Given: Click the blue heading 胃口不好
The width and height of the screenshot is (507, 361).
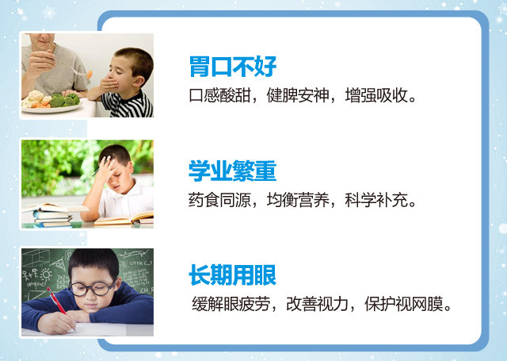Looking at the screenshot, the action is coord(233,67).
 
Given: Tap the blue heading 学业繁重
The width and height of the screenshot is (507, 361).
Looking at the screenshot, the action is coord(232,171).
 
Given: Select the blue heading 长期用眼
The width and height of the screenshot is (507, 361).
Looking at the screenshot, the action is coord(232,275).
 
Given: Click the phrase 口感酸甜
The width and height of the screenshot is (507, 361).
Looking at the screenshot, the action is coord(220,95).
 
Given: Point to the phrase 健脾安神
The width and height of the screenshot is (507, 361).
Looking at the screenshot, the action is coord(298,95).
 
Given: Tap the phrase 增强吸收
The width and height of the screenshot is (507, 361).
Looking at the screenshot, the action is coord(376,95).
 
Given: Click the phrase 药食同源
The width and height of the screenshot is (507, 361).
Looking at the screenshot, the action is coord(220,200).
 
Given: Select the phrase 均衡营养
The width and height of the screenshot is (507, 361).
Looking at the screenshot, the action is coord(298,200).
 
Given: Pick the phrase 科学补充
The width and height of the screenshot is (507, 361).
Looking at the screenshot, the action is coord(376,200).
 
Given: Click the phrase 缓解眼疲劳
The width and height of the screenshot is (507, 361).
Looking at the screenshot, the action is coord(231,304).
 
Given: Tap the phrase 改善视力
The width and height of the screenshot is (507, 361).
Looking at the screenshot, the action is coord(317,304).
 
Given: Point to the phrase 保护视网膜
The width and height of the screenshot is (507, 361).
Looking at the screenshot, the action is coord(403,304).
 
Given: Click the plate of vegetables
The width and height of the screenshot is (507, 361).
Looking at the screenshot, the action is coord(51,102).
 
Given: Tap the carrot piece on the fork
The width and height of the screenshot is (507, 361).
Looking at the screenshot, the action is coord(90,75).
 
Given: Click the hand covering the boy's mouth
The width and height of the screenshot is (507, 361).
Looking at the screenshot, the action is coord(109,86).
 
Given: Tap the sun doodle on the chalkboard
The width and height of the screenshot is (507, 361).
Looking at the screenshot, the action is coord(46,275).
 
